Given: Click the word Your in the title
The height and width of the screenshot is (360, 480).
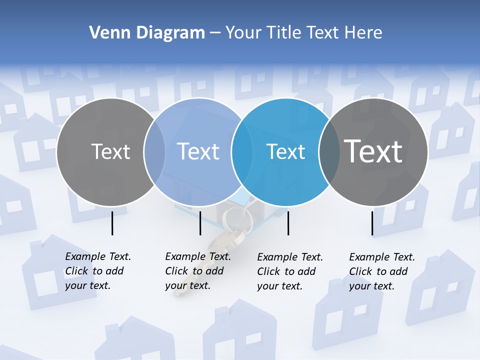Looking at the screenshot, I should tap(243, 33).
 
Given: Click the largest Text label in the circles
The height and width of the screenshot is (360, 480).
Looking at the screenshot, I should tap(373, 151).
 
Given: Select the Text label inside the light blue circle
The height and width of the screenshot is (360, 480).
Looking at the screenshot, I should tap(198, 151).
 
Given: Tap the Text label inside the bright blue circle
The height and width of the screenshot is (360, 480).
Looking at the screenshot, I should tap(286, 152).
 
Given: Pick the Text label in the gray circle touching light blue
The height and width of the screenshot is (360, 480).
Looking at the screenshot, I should tap(110, 151).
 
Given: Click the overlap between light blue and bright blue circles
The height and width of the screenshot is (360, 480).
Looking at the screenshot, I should tap(242, 152).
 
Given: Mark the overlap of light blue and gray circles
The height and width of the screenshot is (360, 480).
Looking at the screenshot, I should tap(154, 152).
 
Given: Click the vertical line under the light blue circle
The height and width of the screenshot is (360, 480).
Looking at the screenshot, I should tap(200, 223).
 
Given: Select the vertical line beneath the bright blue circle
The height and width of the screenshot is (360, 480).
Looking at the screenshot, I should tap(288, 223).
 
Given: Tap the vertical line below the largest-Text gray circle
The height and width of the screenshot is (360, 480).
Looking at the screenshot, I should tap(372, 223).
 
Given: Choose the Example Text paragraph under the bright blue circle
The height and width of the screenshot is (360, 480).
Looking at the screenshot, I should tap(290, 271).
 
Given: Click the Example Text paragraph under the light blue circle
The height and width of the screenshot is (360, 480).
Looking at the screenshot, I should tap(198, 271).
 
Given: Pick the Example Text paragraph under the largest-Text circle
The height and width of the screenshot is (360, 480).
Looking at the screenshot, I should tap(382, 271).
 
